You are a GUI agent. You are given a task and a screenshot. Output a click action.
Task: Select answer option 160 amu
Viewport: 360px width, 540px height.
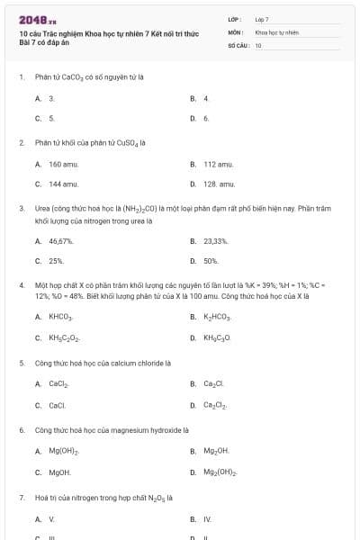61,165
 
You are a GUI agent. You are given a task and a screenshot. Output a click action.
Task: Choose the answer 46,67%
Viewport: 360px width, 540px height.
61,241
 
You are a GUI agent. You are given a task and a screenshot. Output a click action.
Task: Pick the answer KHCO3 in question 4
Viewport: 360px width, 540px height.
61,318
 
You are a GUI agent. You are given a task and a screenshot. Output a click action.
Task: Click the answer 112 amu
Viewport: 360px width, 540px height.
217,165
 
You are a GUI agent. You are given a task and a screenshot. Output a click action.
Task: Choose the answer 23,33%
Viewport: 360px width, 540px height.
216,241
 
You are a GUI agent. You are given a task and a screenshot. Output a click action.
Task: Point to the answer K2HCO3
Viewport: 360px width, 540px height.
218,318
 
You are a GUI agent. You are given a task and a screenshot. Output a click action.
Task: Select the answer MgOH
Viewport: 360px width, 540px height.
60,472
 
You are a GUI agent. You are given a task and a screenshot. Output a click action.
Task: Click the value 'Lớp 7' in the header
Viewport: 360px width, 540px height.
262,18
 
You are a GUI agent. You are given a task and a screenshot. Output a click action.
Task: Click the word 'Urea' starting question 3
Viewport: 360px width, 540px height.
43,208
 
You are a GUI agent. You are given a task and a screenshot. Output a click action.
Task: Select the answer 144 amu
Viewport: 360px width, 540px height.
61,184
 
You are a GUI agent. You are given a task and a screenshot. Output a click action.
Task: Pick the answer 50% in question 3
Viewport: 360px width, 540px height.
211,261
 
